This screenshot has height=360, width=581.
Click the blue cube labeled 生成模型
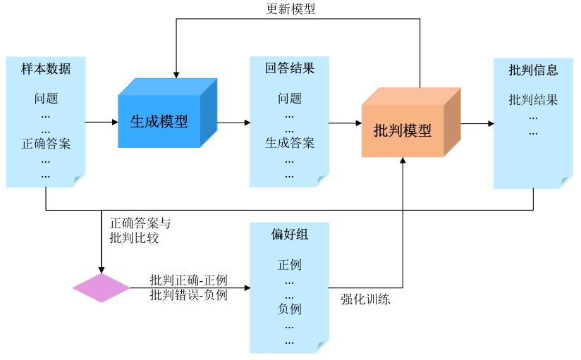point(159,121)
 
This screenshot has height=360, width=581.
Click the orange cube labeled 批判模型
point(403,130)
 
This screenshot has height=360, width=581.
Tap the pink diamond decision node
point(102,288)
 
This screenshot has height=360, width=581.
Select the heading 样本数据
point(46,69)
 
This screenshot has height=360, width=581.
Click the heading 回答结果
point(290,69)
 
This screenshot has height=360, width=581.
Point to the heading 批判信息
point(533,70)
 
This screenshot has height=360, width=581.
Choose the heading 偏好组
point(290,235)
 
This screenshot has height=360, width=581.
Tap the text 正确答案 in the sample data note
point(46,144)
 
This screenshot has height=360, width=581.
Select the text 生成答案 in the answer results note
point(290,144)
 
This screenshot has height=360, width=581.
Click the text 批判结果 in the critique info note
point(533,100)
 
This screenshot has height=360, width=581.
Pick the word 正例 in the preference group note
point(290,265)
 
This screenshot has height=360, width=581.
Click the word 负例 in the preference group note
point(290,309)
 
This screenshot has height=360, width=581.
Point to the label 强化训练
point(365,299)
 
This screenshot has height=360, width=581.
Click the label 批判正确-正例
point(189,280)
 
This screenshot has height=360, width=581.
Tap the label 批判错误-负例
point(189,295)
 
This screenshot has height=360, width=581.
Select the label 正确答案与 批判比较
point(140,231)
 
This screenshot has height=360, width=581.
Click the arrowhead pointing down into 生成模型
point(176,74)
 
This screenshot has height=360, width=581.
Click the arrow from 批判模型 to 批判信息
point(477,124)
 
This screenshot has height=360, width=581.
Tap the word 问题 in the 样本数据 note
point(46,99)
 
